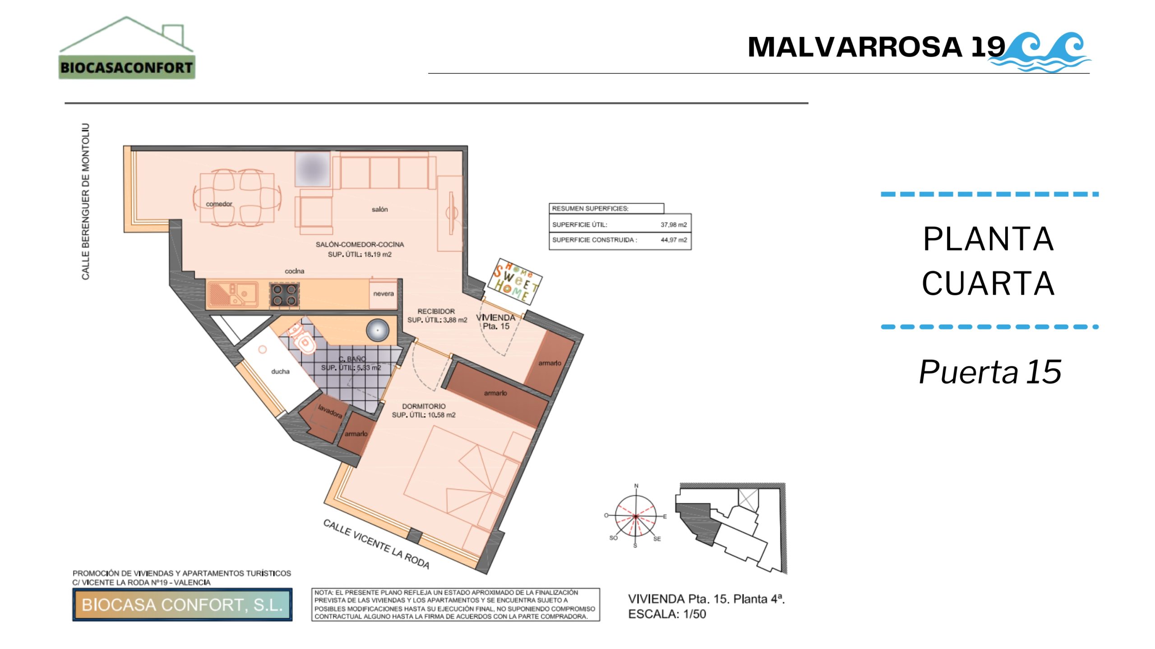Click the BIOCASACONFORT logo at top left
[x=127, y=48]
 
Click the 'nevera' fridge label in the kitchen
[x=383, y=294]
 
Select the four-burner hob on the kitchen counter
[x=285, y=295]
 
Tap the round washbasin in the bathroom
[x=377, y=330]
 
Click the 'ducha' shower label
[x=280, y=372]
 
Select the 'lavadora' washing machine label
[x=330, y=411]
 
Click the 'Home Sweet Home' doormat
[x=515, y=280]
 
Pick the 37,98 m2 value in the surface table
[x=674, y=224]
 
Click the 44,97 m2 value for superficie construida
[x=674, y=240]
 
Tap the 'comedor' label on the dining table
[x=219, y=204]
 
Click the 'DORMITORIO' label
[x=424, y=407]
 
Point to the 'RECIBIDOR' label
[x=436, y=311]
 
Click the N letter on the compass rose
[x=637, y=486]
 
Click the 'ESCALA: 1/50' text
[x=667, y=614]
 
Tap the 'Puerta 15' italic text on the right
[x=990, y=372]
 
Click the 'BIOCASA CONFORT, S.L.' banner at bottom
[x=182, y=605]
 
